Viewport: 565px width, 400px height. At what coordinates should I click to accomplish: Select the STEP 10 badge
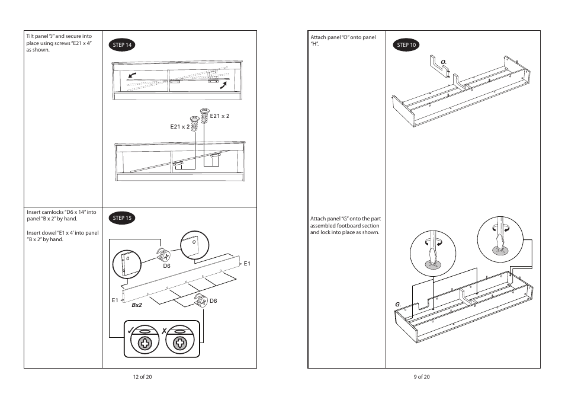407,45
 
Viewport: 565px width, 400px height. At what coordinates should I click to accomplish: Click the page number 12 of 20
142,377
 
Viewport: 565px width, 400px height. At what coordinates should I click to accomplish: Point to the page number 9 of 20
422,377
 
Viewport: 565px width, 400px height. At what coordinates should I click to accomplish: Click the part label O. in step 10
442,62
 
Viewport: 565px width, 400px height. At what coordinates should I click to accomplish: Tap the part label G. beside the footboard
399,305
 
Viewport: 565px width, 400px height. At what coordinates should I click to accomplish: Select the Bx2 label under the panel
137,305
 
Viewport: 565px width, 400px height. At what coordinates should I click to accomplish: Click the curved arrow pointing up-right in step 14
223,85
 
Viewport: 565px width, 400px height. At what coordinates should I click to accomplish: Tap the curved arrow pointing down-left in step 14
132,75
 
